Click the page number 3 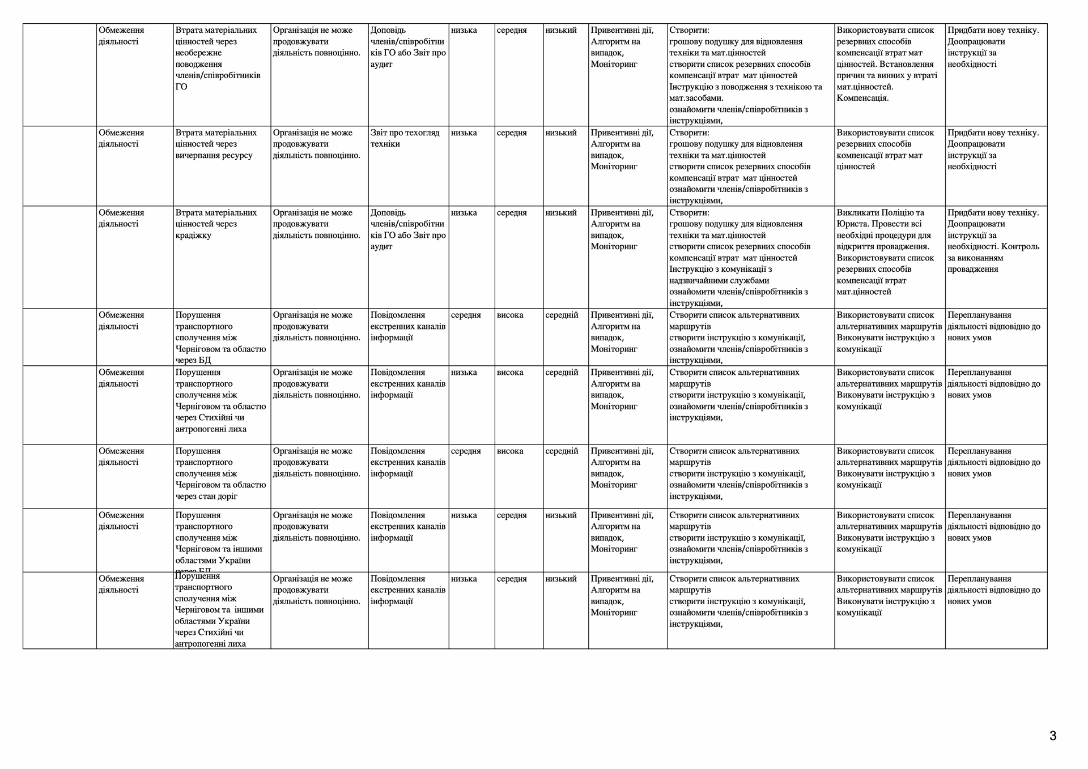[1053, 736]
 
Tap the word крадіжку [193, 236]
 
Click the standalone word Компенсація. [862, 99]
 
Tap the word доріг [227, 497]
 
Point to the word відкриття [855, 247]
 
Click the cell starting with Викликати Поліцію [889, 253]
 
